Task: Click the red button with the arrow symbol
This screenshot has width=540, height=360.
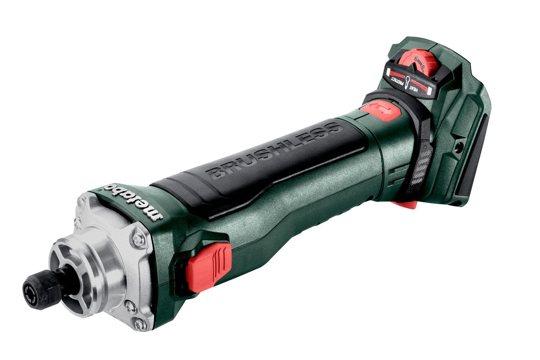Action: pos(380,110)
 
